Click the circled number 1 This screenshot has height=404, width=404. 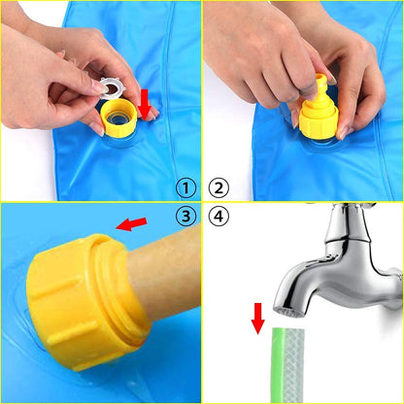click(x=185, y=188)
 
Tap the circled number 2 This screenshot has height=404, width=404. click(x=219, y=188)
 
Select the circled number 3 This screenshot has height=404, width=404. click(x=185, y=216)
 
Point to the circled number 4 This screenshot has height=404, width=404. click(x=219, y=216)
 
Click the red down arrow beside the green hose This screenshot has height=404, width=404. click(x=258, y=319)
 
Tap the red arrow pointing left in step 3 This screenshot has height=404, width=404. click(x=131, y=223)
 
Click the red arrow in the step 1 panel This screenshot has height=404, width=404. click(x=144, y=105)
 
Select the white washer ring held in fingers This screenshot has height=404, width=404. click(x=110, y=88)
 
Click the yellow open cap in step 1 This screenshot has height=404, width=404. click(x=118, y=118)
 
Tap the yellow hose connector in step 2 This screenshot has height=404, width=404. click(x=319, y=108)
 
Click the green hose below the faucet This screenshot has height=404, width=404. click(x=287, y=365)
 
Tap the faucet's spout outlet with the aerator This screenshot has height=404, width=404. click(x=290, y=312)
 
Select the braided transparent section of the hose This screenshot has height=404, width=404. click(x=294, y=366)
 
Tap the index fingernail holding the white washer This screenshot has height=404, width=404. click(x=98, y=87)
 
